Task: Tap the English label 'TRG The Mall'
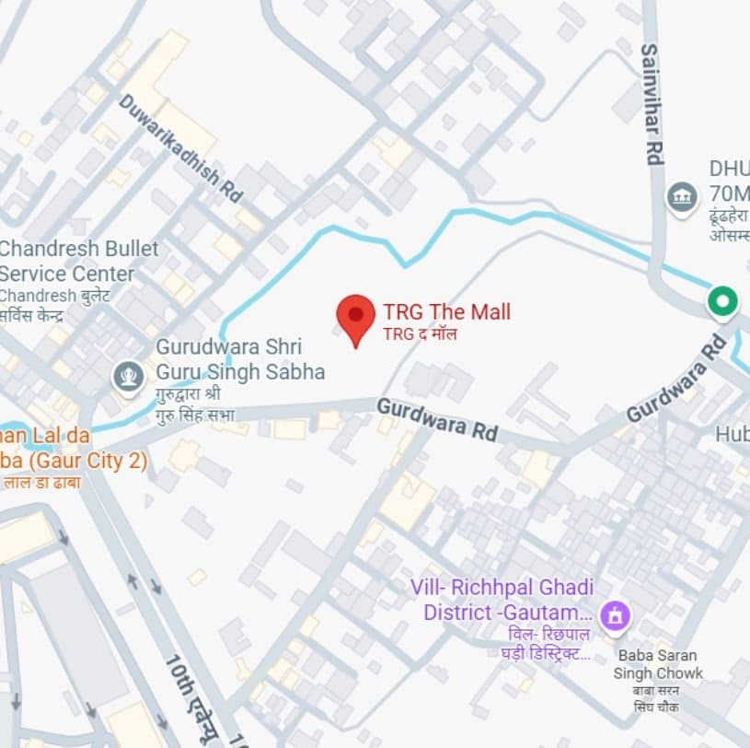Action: pos(446,311)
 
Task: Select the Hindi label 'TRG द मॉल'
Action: pos(420,333)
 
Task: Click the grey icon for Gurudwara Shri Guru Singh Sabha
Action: pos(127,376)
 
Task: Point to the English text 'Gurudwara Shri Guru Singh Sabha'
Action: pos(240,359)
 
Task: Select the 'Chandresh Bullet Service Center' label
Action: pos(79,261)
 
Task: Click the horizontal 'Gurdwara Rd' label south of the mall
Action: pos(437,419)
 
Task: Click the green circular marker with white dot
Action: pos(722,301)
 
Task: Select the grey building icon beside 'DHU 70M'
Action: pos(682,197)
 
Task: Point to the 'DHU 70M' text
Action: pos(728,181)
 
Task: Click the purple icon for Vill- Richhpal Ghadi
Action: pos(614,614)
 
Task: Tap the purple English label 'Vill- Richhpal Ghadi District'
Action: pos(508,599)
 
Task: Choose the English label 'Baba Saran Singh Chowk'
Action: pos(657,665)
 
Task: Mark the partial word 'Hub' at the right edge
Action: pos(733,433)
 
